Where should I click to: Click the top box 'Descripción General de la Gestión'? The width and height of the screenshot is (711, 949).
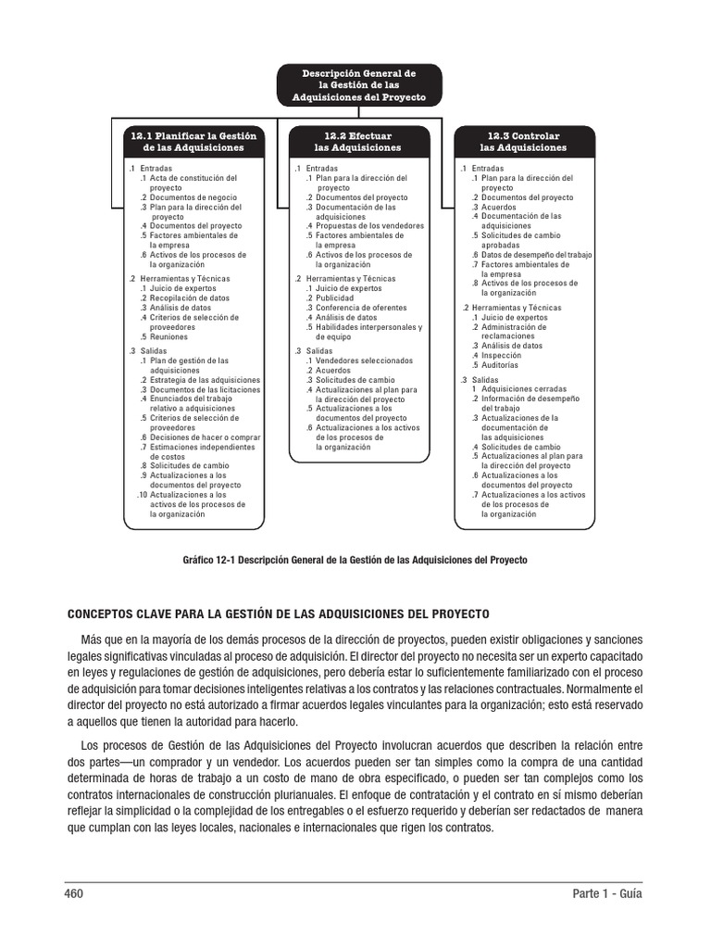[360, 85]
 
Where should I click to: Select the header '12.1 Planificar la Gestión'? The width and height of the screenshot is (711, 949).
[193, 142]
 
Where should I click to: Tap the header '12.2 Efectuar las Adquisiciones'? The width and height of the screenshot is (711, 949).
[359, 142]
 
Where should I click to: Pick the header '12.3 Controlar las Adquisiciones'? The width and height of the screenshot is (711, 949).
[524, 142]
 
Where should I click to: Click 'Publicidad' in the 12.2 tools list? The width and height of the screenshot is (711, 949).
[335, 297]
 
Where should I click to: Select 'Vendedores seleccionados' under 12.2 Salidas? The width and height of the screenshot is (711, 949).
[364, 360]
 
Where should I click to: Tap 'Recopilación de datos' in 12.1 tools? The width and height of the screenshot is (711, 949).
[191, 297]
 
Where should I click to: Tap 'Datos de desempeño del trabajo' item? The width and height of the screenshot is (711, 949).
[536, 255]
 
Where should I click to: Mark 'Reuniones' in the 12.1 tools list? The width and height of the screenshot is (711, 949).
[169, 336]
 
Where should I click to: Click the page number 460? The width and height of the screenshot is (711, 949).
[73, 894]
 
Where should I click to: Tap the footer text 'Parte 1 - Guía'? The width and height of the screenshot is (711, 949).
[606, 894]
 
